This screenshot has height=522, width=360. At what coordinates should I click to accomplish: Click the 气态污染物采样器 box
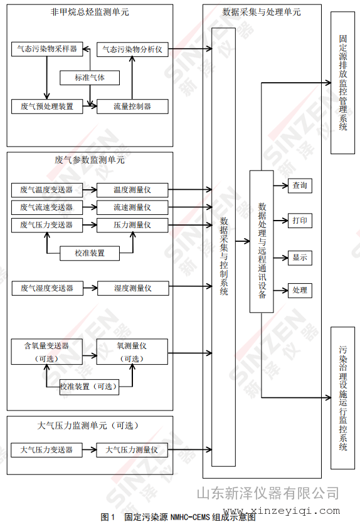tap(47, 49)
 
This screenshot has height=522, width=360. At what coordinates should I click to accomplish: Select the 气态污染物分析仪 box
tap(132, 50)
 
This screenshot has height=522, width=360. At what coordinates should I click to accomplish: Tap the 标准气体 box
tap(90, 78)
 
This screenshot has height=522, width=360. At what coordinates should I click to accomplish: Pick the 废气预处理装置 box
tap(47, 107)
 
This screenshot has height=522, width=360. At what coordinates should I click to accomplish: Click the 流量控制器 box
tap(132, 107)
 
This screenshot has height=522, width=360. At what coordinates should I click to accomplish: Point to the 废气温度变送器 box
tap(47, 190)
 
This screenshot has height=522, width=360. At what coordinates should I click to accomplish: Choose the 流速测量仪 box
tap(132, 207)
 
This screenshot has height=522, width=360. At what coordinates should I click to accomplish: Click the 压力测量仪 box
tap(132, 225)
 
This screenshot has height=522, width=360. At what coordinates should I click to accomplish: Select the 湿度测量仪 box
tap(133, 288)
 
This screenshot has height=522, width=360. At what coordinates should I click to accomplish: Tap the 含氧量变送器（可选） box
tap(46, 352)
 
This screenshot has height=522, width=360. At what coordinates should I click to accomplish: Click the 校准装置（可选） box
tap(89, 387)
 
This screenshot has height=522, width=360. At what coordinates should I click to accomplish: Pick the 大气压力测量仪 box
tap(132, 450)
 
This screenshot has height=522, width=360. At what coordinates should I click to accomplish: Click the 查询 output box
tap(300, 185)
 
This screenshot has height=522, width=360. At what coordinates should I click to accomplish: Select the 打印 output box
tap(300, 221)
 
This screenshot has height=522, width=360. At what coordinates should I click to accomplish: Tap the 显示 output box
tap(300, 258)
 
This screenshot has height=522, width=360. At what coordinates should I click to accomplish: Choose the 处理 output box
tap(300, 290)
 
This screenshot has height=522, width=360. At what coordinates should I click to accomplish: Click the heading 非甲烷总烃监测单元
tap(90, 13)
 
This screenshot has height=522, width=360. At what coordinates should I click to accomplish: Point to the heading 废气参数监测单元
tap(90, 160)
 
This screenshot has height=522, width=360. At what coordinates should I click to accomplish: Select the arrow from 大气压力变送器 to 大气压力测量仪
tap(89, 450)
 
